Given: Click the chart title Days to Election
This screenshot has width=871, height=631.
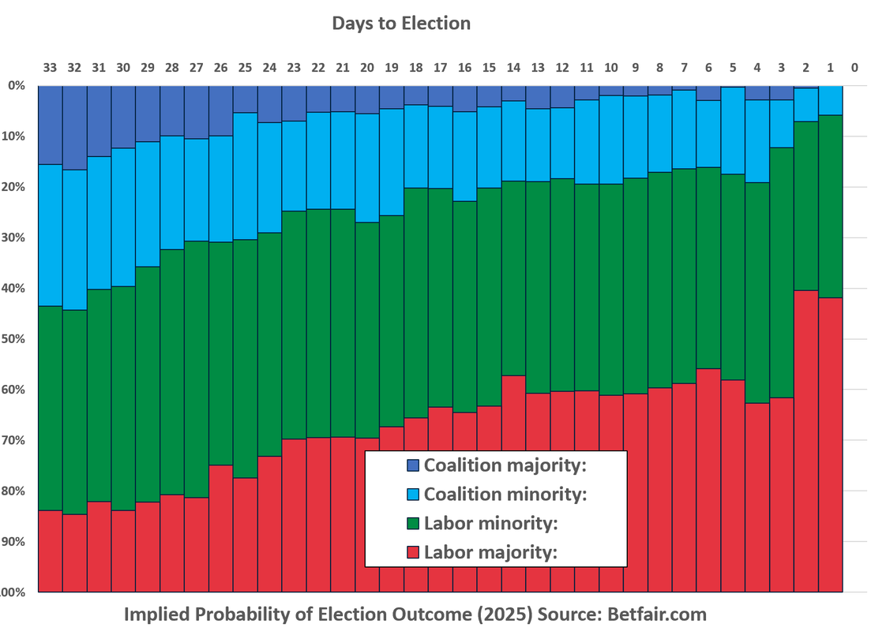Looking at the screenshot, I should coord(401,23).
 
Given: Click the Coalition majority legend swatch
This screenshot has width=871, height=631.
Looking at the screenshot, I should coord(412,465).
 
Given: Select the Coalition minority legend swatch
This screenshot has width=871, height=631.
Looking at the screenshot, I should coord(412,495).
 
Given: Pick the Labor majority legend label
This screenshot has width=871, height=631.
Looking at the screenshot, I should coord(490,552).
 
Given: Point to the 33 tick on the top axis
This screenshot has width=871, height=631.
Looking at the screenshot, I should coord(51,68).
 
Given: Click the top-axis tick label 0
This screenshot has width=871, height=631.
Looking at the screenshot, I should coord(854,68).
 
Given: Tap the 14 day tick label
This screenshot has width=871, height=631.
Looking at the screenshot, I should coord(513,68).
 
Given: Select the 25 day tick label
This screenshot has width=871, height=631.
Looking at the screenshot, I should coord(246,68).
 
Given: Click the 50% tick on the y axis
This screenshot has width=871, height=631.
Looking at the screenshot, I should coord(16,339).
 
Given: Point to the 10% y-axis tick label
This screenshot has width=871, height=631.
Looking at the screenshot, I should coord(16,136).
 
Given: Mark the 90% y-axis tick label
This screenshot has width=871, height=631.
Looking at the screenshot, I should coord(16,542).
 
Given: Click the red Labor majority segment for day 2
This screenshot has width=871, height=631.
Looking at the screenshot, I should coord(805,442).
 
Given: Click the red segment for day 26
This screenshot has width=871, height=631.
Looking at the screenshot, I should coord(221,528).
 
